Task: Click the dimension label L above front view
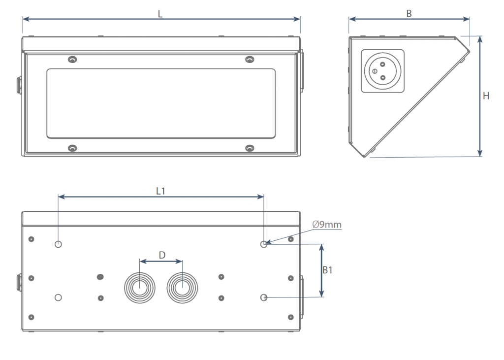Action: tap(160, 14)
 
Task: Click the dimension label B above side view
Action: tap(409, 14)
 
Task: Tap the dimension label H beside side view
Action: tap(486, 97)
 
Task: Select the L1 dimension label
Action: tap(160, 191)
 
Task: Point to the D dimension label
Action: tap(162, 255)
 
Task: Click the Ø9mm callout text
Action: tap(327, 225)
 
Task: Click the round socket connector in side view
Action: tap(382, 71)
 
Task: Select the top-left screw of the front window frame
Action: tap(72, 60)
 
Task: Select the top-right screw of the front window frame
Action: tap(250, 60)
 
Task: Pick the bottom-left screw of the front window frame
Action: tap(72, 148)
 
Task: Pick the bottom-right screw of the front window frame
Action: tap(250, 148)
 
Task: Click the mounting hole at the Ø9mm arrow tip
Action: tap(264, 244)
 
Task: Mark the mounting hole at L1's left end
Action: tap(59, 244)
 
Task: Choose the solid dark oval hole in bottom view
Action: tap(100, 277)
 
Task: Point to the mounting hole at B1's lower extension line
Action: tap(264, 297)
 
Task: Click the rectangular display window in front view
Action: tap(160, 103)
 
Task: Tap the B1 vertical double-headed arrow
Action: tap(322, 270)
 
